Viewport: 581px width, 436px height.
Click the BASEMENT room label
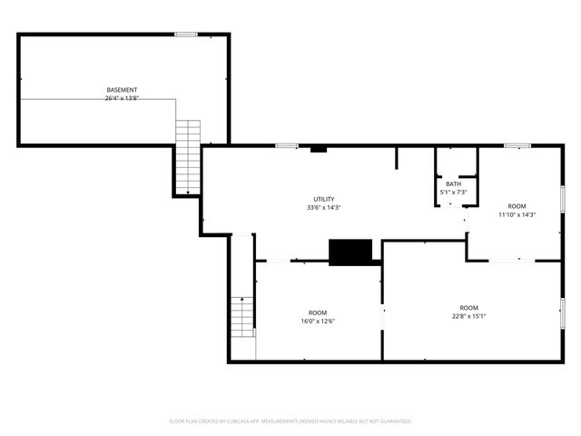[x=123, y=90]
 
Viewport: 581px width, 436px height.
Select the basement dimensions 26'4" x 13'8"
[x=123, y=98]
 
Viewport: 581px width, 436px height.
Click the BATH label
[x=453, y=184]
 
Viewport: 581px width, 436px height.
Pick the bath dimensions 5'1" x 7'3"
[x=453, y=193]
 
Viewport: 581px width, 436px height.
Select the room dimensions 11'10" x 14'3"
[x=517, y=215]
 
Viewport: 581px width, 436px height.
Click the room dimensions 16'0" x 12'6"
[x=318, y=321]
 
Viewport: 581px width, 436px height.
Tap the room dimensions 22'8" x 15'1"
[x=468, y=316]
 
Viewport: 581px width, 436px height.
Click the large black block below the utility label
[x=350, y=253]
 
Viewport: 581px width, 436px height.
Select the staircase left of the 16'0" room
[x=242, y=316]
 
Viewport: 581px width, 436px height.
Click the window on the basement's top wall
[x=186, y=35]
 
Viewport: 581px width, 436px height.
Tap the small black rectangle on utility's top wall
[x=318, y=148]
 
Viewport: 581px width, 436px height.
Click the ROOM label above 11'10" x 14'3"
[x=517, y=206]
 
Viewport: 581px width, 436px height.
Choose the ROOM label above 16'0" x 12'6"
[x=318, y=312]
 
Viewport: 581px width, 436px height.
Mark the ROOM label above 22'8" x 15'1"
[x=468, y=307]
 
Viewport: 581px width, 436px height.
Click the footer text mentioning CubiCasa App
[x=290, y=421]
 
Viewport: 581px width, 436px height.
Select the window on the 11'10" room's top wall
[x=517, y=144]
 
